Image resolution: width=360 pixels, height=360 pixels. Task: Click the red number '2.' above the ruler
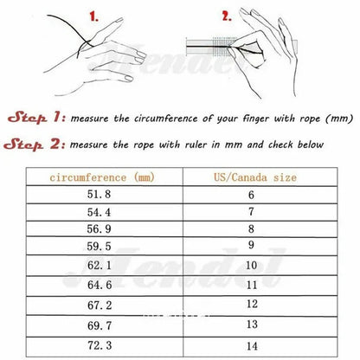pyautogui.click(x=227, y=16)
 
